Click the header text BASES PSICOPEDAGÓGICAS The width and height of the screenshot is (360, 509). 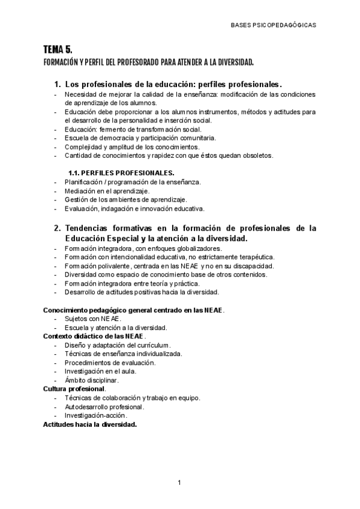pos(273,25)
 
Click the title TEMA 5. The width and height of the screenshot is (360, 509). pos(58,50)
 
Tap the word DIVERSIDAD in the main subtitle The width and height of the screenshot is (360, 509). pos(233,62)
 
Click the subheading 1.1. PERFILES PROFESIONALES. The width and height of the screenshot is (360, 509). pos(121,173)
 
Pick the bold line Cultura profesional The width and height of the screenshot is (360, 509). pos(74,389)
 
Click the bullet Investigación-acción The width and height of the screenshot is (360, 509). pos(96,415)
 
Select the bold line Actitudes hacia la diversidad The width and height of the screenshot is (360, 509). pos(90,424)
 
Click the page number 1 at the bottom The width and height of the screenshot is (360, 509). pos(179,482)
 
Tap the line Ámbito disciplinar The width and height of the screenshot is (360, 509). pos(92,380)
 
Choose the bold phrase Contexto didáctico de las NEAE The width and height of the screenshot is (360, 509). pos(94,336)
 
